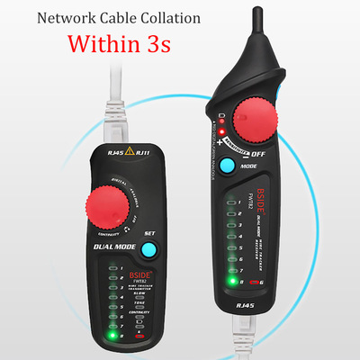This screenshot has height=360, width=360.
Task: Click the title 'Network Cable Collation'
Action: point(124,14)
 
